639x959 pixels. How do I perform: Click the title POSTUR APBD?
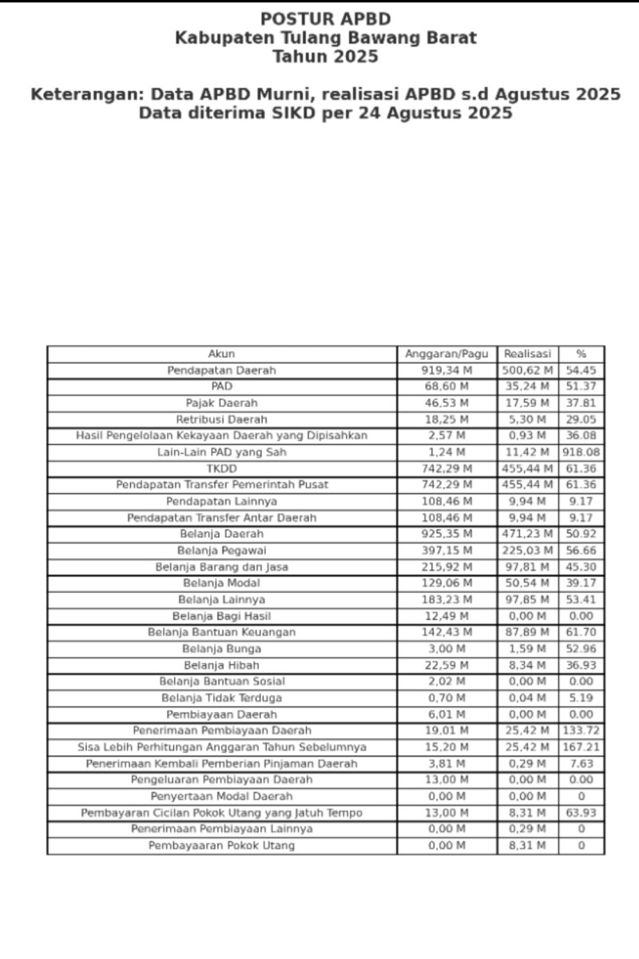click(325, 19)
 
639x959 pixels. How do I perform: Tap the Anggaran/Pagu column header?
click(447, 354)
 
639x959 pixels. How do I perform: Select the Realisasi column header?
click(527, 354)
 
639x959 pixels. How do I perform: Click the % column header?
click(581, 354)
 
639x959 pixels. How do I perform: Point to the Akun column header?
click(221, 354)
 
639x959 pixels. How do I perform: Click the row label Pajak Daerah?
click(221, 404)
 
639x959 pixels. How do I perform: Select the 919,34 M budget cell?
click(447, 371)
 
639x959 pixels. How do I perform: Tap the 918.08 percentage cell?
click(581, 452)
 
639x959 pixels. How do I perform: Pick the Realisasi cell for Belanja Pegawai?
click(527, 551)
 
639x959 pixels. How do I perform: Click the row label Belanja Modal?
click(221, 583)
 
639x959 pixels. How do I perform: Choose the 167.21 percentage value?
click(581, 747)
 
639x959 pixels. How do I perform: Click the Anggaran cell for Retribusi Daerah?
click(447, 420)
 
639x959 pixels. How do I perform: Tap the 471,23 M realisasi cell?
click(527, 534)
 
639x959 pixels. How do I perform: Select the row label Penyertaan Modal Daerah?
click(221, 797)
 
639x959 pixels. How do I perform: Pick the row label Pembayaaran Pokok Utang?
click(221, 846)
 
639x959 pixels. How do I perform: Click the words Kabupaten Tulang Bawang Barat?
click(325, 38)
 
